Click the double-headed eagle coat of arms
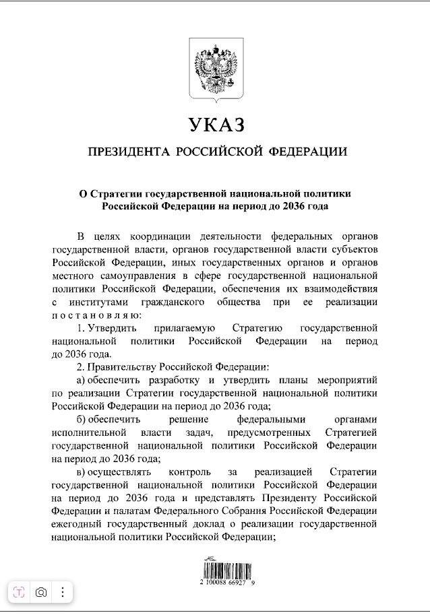point(215,68)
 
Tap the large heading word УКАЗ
point(215,125)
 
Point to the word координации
point(153,236)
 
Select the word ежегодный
point(75,524)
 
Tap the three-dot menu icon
point(62,592)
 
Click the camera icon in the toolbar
point(41,592)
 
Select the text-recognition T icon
point(19,592)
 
